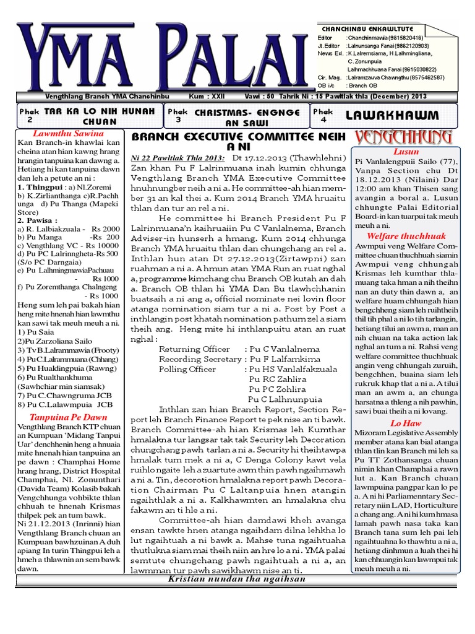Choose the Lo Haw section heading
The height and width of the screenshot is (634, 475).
point(406,423)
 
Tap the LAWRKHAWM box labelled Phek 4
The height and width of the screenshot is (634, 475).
point(393,116)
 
